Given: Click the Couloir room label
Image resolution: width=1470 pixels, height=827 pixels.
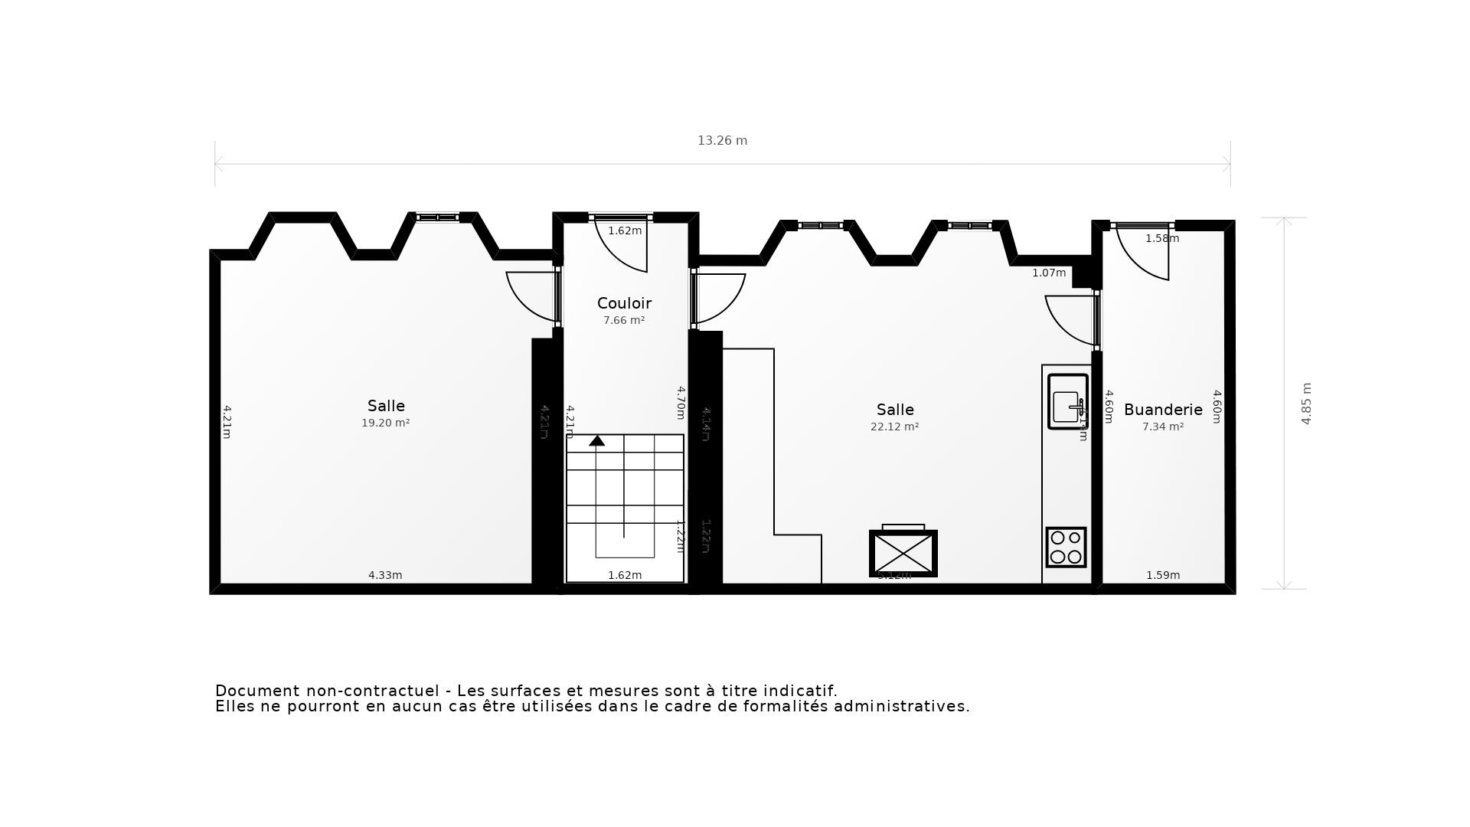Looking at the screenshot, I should pyautogui.click(x=624, y=303).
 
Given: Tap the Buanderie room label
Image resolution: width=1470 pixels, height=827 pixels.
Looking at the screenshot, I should pyautogui.click(x=1162, y=410).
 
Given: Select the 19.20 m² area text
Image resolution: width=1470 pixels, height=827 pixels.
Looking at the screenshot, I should pyautogui.click(x=385, y=423).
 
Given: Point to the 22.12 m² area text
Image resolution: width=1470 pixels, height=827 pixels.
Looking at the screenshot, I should pyautogui.click(x=894, y=427).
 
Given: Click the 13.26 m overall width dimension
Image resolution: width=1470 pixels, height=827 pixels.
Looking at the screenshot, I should pyautogui.click(x=722, y=141).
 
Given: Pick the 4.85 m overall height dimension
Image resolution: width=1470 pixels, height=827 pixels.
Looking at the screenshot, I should pyautogui.click(x=1306, y=404).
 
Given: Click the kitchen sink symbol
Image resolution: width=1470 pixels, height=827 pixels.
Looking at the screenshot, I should pyautogui.click(x=1067, y=401).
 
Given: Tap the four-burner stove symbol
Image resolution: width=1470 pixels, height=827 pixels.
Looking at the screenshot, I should pyautogui.click(x=1066, y=547).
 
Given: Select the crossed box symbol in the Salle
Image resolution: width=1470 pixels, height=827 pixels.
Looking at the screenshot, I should pyautogui.click(x=903, y=553).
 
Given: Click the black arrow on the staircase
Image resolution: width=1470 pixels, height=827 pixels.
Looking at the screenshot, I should pyautogui.click(x=596, y=440).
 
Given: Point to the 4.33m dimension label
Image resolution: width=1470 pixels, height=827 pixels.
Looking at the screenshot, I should pyautogui.click(x=385, y=575).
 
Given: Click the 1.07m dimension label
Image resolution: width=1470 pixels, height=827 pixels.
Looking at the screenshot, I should pyautogui.click(x=1048, y=273).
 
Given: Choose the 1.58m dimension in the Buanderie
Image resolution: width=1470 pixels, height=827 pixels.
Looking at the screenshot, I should pyautogui.click(x=1161, y=238).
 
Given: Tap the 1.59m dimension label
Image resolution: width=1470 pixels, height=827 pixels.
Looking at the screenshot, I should pyautogui.click(x=1162, y=575).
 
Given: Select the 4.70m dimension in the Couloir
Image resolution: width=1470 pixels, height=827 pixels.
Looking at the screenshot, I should pyautogui.click(x=681, y=402).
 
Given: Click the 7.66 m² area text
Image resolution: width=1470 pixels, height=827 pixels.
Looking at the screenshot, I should pyautogui.click(x=624, y=320).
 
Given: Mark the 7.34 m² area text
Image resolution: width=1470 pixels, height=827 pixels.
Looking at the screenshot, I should pyautogui.click(x=1162, y=427).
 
